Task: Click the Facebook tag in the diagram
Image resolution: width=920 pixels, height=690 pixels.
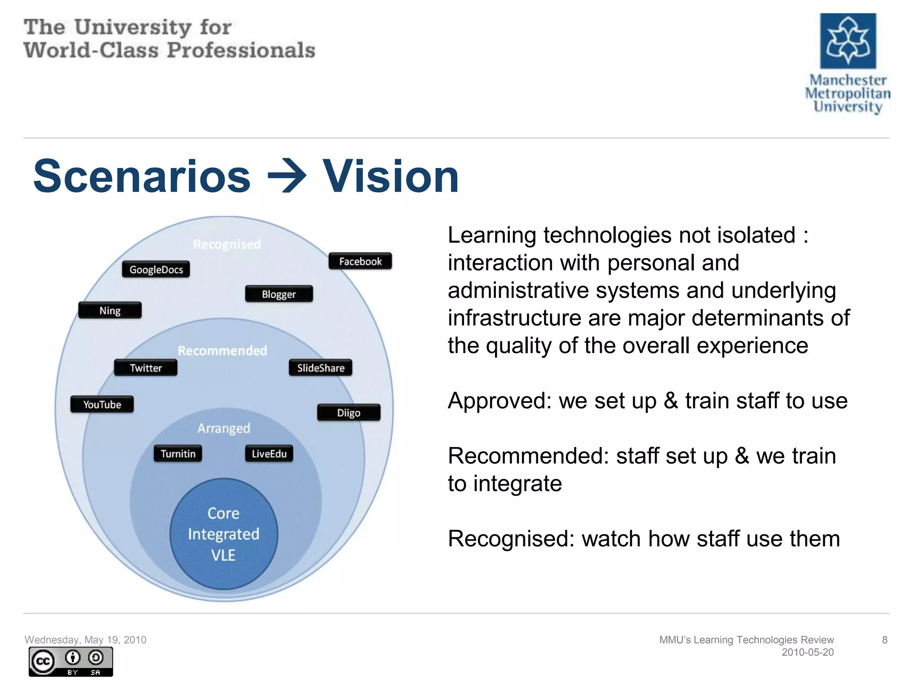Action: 360,261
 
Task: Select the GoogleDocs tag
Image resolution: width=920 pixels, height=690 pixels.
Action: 156,270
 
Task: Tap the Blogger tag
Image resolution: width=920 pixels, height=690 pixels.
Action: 279,294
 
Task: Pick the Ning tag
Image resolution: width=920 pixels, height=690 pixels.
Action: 110,310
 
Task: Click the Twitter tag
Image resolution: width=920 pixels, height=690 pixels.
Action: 146,368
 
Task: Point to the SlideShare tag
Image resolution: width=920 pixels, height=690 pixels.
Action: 320,368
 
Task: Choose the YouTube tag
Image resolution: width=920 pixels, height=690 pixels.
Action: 102,404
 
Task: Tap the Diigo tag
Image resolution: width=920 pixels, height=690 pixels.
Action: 349,412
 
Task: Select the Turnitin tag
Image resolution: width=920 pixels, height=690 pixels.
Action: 178,454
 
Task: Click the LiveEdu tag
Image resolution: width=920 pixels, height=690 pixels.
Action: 269,454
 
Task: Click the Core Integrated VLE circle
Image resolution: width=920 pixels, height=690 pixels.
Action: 224,534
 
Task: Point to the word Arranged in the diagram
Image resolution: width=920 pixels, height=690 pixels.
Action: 224,428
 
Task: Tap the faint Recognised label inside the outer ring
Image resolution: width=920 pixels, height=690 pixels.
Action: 227,244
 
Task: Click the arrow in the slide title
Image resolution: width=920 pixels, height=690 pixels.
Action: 287,177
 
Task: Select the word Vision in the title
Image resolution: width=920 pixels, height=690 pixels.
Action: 390,177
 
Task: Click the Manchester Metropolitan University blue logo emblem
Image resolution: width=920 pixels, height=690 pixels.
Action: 848,41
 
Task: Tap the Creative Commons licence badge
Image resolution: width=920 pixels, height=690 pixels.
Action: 71,662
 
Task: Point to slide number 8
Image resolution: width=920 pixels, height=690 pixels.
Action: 885,640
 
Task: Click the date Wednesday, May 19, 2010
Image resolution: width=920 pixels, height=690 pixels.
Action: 85,640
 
